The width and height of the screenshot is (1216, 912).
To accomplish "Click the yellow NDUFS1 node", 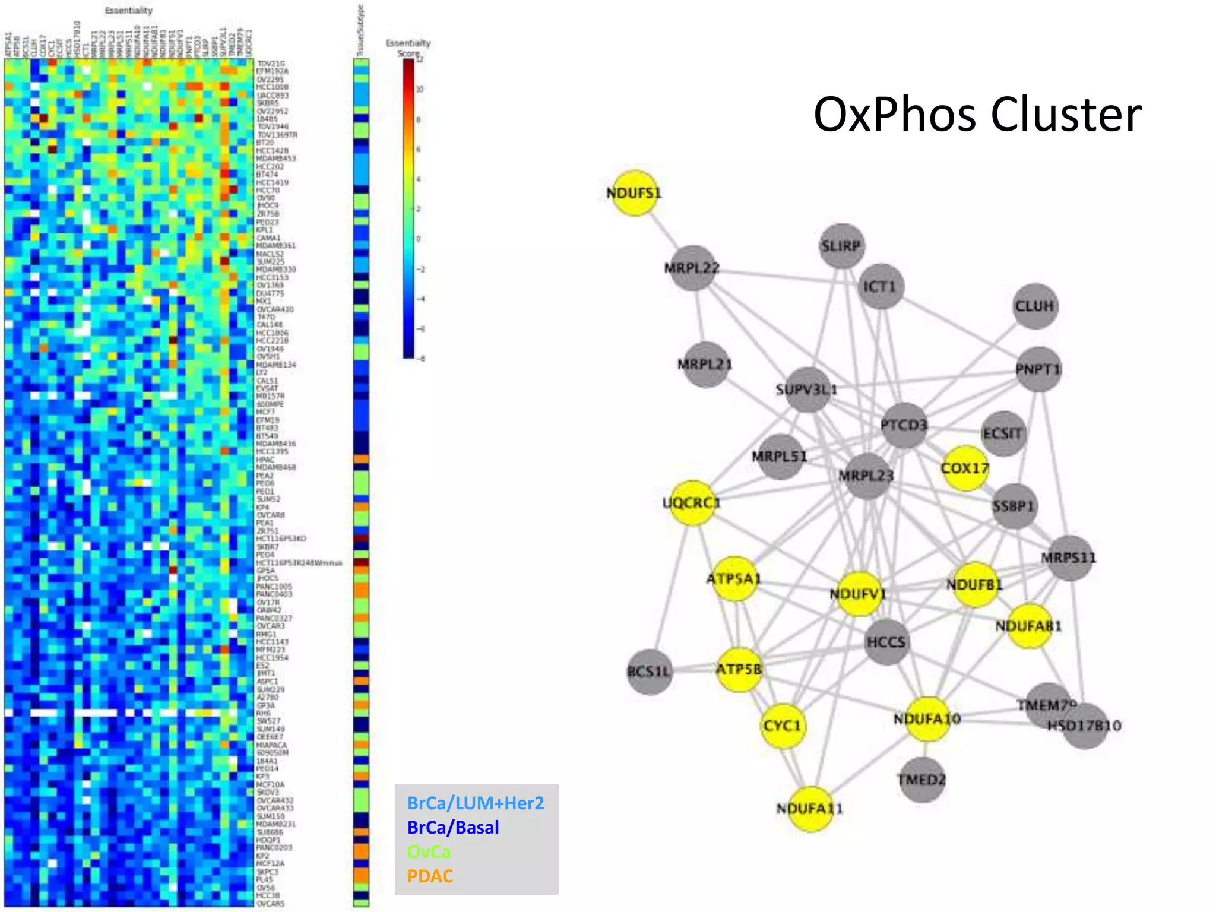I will point(634,193).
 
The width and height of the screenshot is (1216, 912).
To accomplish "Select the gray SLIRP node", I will point(841,246).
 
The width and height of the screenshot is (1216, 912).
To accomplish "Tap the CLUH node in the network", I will point(1035,306).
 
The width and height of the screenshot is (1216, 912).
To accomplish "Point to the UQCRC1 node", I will point(692,503).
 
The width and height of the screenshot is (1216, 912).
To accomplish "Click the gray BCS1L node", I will point(650,672).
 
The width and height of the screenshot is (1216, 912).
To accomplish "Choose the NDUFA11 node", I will point(810,809).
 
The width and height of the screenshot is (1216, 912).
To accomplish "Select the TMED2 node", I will point(922,780).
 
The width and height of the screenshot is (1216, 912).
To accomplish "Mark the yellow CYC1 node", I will point(783,726).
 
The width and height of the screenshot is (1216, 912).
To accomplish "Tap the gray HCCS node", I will point(886,642).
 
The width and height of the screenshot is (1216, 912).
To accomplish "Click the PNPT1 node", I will point(1038,369).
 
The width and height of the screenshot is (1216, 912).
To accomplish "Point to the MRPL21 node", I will point(705,364).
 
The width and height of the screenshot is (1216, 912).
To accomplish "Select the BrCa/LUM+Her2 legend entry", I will point(476,803).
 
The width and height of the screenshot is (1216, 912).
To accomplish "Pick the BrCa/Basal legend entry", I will point(453,828).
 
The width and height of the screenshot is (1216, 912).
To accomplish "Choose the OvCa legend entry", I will point(429,852).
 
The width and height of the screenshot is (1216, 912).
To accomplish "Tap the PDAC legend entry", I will point(430,876).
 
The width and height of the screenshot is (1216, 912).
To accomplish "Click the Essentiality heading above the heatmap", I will point(128,11).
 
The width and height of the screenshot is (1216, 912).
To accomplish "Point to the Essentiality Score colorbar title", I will point(408,48).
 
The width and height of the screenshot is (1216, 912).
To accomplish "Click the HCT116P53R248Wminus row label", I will point(299,563).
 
